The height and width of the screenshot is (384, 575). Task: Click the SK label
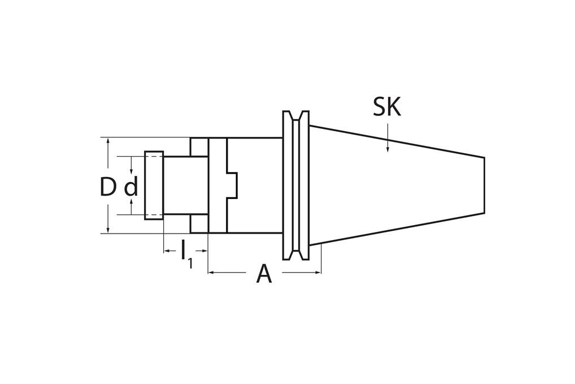[x=387, y=107]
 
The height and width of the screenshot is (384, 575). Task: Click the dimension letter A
[x=264, y=274]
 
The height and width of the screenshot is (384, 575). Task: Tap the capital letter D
[x=107, y=187]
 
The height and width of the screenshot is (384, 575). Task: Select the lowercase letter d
[x=131, y=187]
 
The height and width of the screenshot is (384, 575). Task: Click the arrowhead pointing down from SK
[x=387, y=149]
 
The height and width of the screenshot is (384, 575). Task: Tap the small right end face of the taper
[x=484, y=185]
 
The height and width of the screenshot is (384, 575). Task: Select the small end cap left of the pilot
[x=154, y=185]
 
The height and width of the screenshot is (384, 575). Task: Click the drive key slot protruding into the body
[x=232, y=185]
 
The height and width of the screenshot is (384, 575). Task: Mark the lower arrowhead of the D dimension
[x=108, y=229]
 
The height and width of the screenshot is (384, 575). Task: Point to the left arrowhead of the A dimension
[x=211, y=273]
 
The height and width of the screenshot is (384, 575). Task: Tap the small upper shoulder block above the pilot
[x=199, y=147]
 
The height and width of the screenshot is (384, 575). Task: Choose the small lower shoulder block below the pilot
[x=199, y=223]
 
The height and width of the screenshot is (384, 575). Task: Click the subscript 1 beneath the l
[x=190, y=264]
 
